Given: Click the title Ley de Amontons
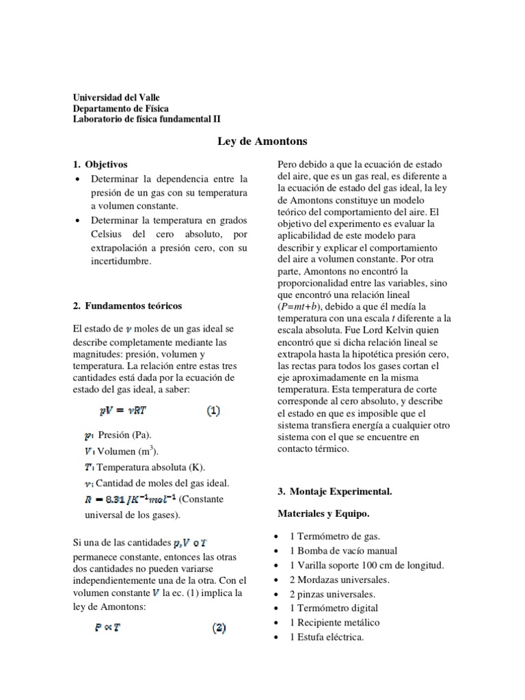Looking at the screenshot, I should coord(262,142).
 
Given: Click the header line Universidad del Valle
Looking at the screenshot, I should coord(116,98).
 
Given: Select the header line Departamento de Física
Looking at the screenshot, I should coord(121,108).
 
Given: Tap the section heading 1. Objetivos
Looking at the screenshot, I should coord(100,165).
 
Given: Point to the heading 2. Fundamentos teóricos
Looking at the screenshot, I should coord(127,305).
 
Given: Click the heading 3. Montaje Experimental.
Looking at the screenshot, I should coord(334,492).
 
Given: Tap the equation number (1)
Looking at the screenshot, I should coord(213,412).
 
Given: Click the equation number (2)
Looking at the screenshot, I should coord(218,628).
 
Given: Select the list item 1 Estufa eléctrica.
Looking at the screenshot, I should coord(327,637).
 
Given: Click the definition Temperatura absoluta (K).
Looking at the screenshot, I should coord(140,467).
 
